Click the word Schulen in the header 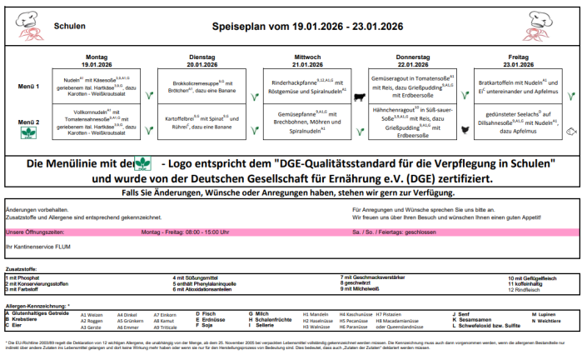tap(70, 26)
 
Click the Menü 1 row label tap(27, 87)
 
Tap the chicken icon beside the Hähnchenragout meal tap(465, 129)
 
